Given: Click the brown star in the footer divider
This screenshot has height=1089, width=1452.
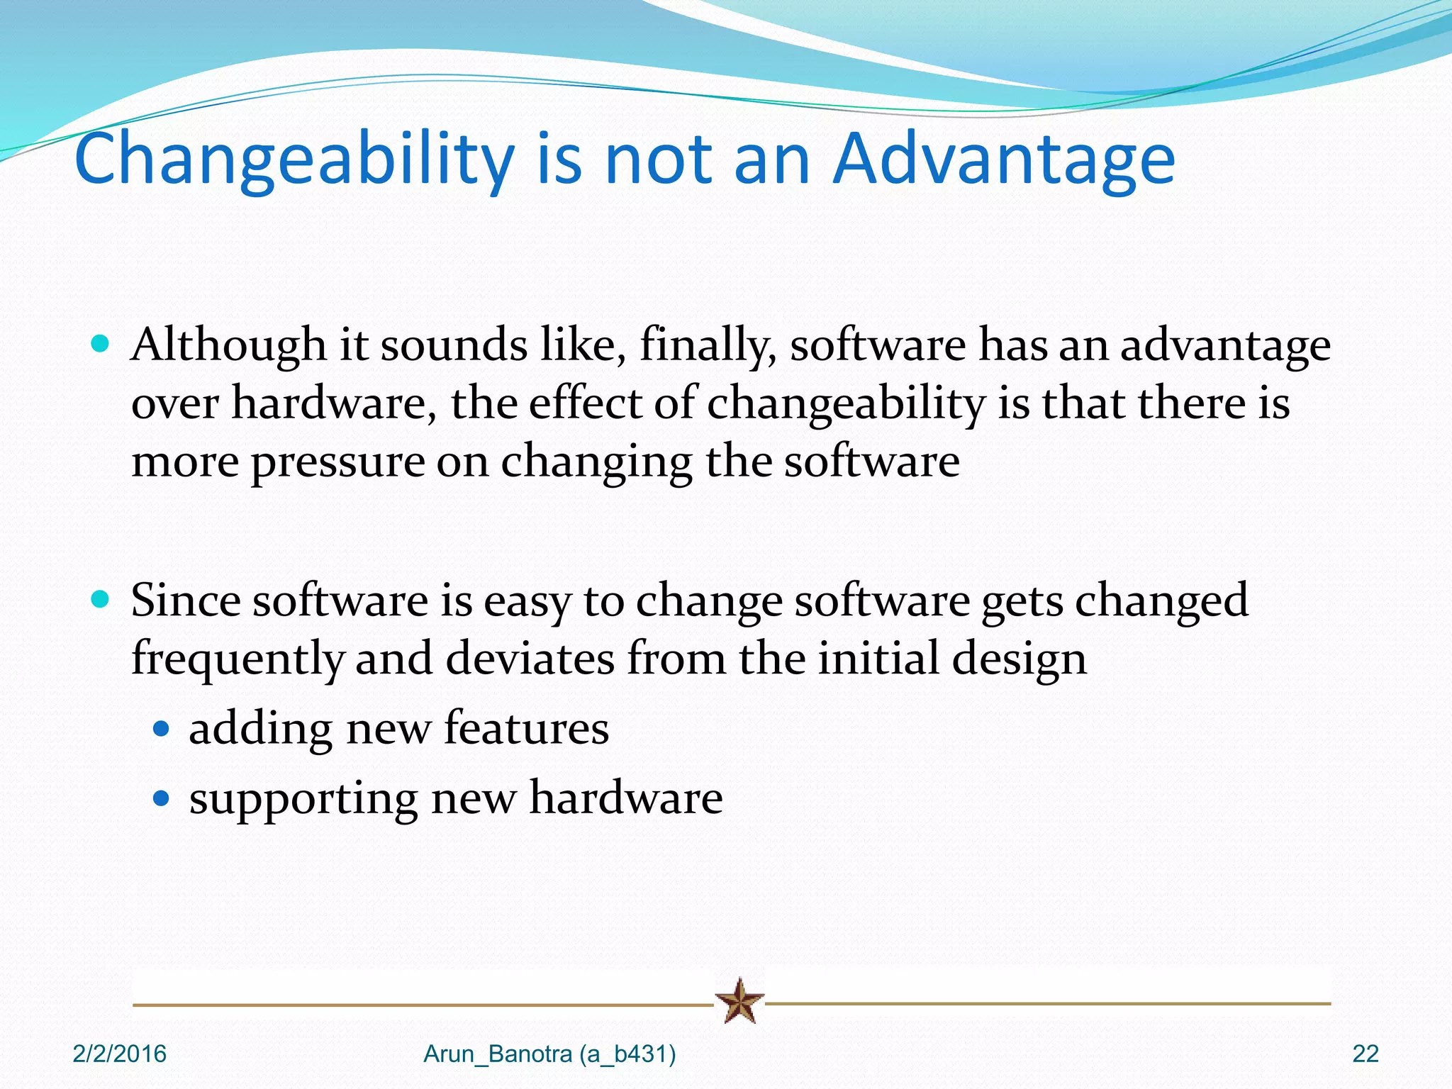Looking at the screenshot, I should click(739, 1001).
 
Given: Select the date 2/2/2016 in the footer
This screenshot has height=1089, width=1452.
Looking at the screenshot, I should click(119, 1054).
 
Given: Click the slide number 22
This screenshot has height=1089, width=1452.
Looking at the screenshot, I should click(1365, 1054).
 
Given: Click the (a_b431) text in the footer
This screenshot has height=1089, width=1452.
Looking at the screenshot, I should click(627, 1054).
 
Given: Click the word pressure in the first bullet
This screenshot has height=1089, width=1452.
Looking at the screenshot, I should click(337, 462).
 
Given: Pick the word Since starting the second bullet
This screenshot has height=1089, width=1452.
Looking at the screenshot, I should click(186, 601).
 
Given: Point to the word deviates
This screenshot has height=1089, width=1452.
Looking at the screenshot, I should click(530, 658).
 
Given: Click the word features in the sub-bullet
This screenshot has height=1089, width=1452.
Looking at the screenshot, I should click(526, 728).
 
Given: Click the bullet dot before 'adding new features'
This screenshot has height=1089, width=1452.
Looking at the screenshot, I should click(162, 729).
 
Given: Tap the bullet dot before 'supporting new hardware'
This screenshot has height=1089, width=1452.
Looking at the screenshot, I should click(162, 799).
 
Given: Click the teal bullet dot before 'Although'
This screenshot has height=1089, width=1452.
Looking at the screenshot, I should click(101, 345).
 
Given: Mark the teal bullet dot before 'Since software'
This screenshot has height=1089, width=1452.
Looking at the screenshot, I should click(101, 600).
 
